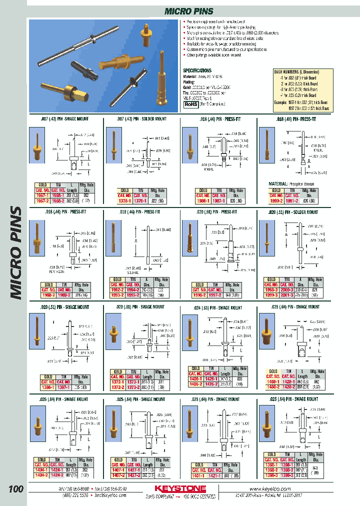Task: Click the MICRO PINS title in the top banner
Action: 189,11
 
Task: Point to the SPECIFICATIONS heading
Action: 197,71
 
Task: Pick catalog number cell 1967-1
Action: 42,196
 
